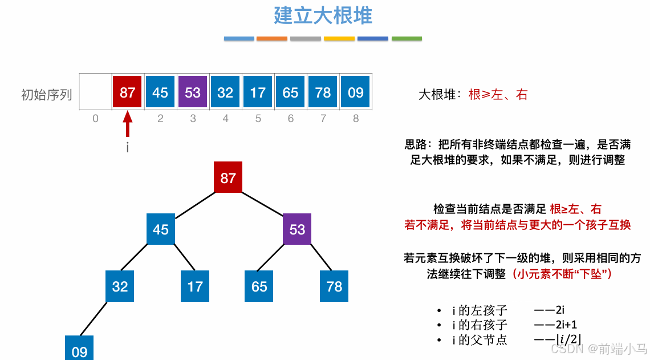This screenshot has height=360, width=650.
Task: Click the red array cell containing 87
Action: [x=128, y=92]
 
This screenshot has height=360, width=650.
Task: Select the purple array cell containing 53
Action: [x=193, y=92]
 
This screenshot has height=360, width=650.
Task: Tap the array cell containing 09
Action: [x=356, y=92]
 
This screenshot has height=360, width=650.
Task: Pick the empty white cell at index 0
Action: [x=95, y=92]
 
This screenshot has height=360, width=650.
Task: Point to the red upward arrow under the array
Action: [x=128, y=124]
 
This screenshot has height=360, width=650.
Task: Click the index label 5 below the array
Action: [x=258, y=119]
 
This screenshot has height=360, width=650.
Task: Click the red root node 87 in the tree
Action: [x=228, y=177]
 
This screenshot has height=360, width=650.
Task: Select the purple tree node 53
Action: [x=297, y=229]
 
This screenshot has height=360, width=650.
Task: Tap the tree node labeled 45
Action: [x=161, y=229]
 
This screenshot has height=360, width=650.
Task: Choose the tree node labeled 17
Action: [x=195, y=286]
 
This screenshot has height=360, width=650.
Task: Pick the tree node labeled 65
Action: [x=259, y=286]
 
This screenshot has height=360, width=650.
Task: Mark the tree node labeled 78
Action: [x=334, y=286]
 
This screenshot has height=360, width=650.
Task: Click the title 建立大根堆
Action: [x=323, y=15]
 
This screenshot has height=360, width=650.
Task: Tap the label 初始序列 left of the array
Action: [x=47, y=94]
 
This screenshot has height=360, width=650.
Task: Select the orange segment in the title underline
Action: [x=272, y=39]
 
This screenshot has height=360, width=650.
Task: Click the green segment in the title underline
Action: [x=407, y=39]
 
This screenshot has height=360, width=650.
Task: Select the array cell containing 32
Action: [x=225, y=92]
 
